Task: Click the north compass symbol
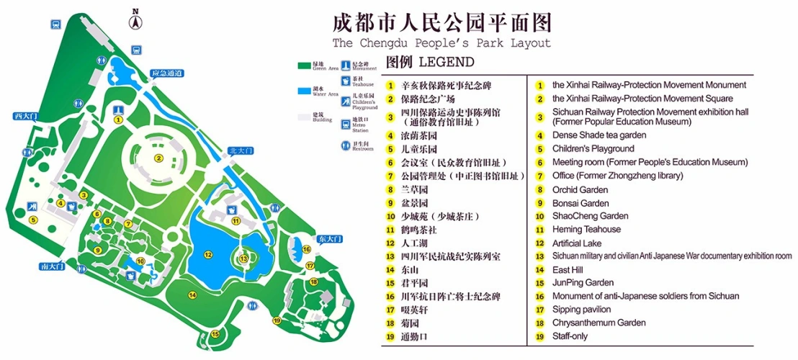click(135, 20)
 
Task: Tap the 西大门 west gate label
click(25, 115)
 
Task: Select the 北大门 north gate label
click(239, 151)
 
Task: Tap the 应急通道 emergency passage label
click(167, 73)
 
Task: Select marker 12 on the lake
click(207, 253)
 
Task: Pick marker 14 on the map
click(192, 294)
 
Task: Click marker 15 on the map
click(215, 333)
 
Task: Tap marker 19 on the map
click(277, 321)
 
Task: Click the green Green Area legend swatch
click(305, 66)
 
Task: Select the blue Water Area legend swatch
click(305, 91)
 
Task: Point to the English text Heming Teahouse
click(586, 229)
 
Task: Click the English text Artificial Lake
click(576, 243)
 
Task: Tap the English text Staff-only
click(570, 336)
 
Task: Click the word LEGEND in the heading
click(446, 61)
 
